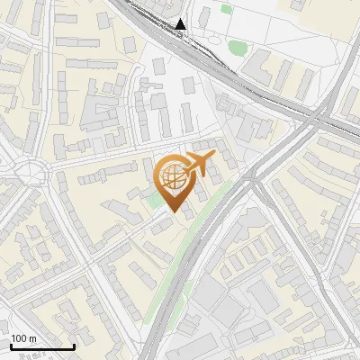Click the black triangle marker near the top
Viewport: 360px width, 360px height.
tap(182, 24)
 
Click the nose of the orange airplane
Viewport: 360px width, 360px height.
tap(214, 157)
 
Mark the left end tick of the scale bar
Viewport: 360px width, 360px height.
tap(10, 346)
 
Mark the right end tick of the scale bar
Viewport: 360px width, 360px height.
tap(74, 346)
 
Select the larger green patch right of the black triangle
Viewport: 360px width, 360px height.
tap(237, 47)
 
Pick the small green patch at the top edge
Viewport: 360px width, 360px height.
tap(226, 9)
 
